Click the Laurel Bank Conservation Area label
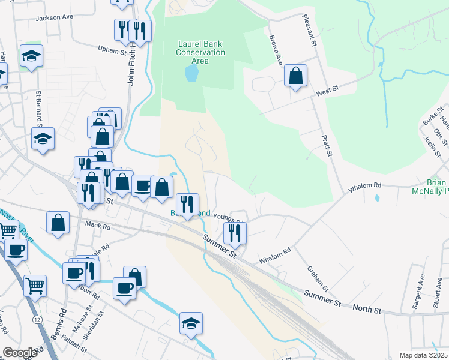[x=200, y=52]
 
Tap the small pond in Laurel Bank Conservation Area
[x=191, y=74]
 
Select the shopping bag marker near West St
[x=295, y=77]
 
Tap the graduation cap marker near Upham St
[x=31, y=57]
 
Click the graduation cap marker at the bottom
[x=191, y=324]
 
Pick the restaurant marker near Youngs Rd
[x=234, y=233]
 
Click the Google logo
[x=20, y=353]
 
